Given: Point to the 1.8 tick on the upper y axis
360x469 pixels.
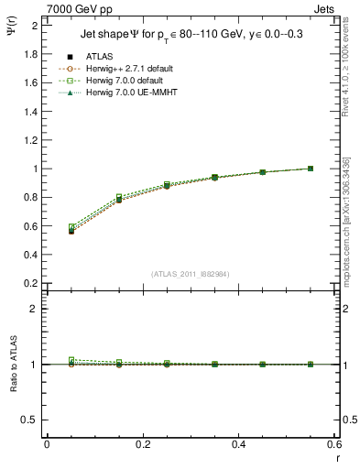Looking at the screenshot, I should tap(30, 54).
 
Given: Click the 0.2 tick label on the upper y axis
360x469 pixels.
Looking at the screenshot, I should tap(30, 283).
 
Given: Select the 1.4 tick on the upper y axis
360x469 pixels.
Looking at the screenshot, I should tap(30, 112).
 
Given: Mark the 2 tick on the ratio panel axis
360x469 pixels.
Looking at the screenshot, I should tap(35, 309).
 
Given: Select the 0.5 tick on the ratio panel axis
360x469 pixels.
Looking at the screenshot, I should tap(30, 420).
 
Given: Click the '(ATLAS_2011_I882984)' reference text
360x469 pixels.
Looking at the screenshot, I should tap(191, 275).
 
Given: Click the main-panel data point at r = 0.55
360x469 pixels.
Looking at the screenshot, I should tap(311, 169).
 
